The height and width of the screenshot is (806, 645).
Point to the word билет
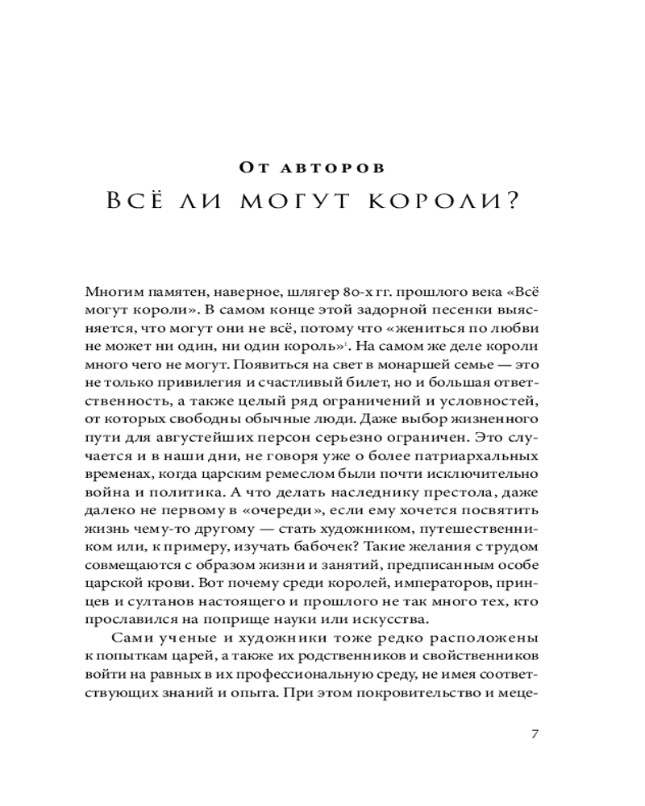pos(335,387)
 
